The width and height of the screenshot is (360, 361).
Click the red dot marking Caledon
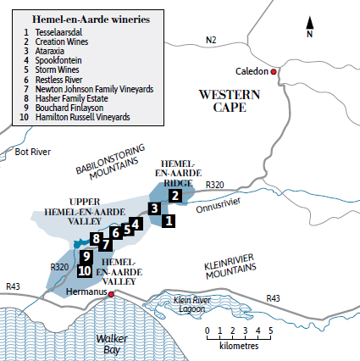(274, 72)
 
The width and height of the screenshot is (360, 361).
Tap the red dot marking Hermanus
(111, 295)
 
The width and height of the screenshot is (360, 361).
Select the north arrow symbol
(310, 25)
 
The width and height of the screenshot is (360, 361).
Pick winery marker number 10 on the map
(84, 271)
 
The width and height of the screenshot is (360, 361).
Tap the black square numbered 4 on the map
(136, 224)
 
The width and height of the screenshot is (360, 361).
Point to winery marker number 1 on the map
(168, 220)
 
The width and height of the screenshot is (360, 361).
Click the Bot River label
(33, 152)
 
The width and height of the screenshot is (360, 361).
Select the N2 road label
(211, 40)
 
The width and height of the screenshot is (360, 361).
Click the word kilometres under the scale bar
(239, 347)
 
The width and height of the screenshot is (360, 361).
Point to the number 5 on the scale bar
(271, 330)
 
